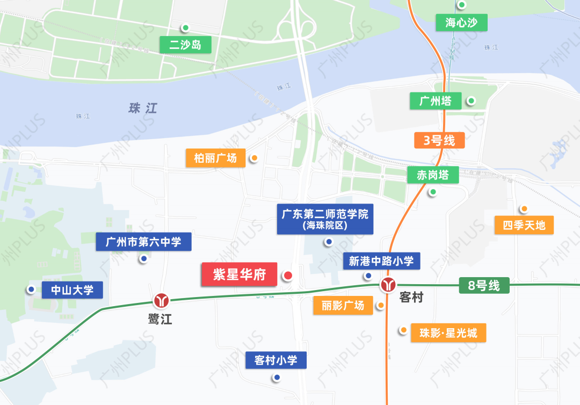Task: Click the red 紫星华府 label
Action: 240,275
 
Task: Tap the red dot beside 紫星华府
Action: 288,276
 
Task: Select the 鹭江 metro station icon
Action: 161,300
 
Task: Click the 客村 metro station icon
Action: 388,285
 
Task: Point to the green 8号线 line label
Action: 483,286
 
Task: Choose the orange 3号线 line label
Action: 439,141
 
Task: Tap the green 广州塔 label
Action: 436,101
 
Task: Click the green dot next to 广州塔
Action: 471,100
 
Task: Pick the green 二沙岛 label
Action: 185,45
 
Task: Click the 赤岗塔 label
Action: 433,175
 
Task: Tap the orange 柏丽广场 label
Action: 215,158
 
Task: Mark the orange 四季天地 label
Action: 524,225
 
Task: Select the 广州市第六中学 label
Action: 143,242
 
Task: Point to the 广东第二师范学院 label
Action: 325,219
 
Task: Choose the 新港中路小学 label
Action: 381,261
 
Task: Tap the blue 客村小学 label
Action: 276,360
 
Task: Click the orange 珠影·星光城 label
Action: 448,333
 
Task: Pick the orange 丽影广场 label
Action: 343,306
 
